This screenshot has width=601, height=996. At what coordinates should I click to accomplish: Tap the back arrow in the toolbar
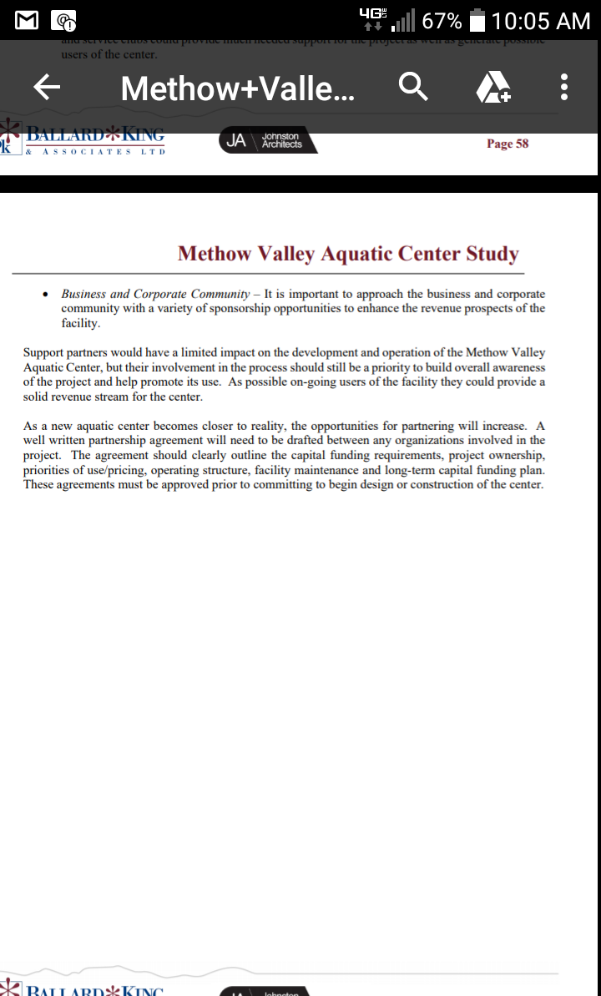coord(46,87)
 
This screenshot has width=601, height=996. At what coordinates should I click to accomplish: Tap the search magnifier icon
coord(413,87)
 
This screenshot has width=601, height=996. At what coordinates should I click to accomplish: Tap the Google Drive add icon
coord(492,87)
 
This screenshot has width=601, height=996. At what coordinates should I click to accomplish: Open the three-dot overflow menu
coord(565,87)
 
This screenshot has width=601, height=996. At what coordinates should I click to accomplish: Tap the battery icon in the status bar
coord(477,20)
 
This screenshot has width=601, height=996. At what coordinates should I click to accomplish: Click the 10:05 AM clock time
coord(541,20)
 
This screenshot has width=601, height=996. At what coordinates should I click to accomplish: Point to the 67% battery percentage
coord(442,20)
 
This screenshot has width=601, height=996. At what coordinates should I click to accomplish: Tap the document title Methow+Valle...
coord(237,87)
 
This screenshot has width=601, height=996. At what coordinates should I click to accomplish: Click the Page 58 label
coord(508,144)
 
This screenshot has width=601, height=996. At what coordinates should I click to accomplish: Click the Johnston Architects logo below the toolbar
coord(268,141)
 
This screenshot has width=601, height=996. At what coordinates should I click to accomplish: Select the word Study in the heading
coord(492,254)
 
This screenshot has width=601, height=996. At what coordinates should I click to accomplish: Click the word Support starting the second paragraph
coord(43,353)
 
